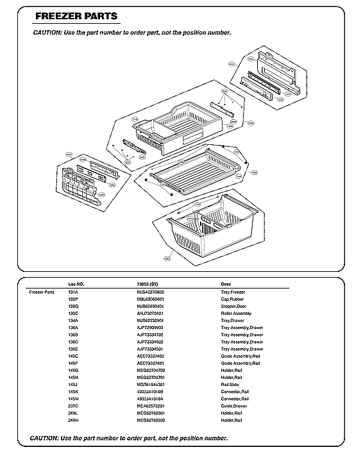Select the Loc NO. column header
(76, 283)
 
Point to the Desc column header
(226, 283)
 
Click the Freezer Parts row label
(41, 292)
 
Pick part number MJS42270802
(151, 292)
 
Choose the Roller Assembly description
(236, 314)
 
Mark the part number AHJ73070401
(151, 314)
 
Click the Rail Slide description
(231, 385)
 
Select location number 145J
(72, 385)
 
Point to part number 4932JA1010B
(150, 392)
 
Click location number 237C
(73, 406)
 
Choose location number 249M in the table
(73, 420)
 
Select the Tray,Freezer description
(234, 292)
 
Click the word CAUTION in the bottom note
(44, 439)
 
